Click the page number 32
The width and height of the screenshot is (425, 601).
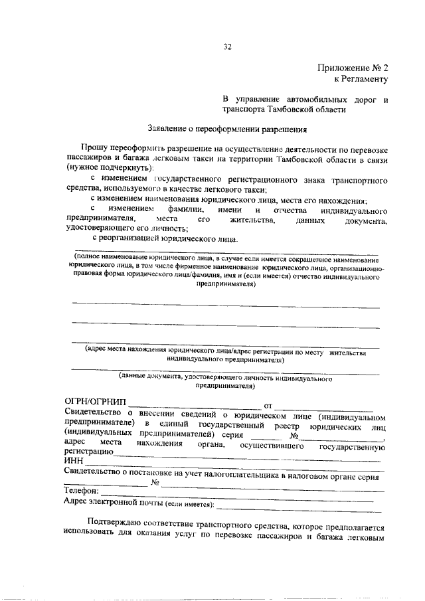click(227, 46)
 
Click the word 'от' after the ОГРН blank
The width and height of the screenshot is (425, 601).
click(269, 404)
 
